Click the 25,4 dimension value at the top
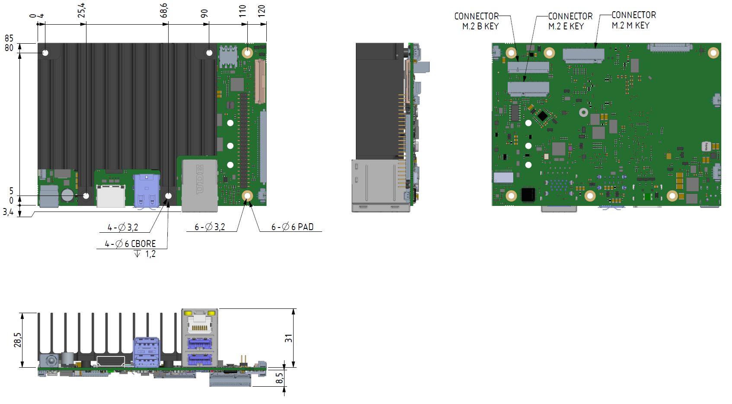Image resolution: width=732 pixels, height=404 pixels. point(81,11)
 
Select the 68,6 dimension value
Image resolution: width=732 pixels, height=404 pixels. point(163,11)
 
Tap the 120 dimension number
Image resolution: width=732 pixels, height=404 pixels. point(262,11)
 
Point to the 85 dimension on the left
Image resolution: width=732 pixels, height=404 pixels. point(9,38)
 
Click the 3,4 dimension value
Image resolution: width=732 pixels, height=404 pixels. point(8,212)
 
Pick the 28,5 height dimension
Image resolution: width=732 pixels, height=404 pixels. point(17,340)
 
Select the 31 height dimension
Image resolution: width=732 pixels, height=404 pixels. point(288,338)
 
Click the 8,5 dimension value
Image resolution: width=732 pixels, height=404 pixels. point(280,378)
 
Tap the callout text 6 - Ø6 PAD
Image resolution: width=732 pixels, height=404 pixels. point(292,227)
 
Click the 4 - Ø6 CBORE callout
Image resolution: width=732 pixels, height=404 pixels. point(130,244)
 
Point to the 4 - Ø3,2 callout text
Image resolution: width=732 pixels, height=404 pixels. point(123,227)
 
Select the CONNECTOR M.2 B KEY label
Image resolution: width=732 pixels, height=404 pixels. point(477,21)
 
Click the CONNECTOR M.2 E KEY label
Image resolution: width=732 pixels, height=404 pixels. point(570,21)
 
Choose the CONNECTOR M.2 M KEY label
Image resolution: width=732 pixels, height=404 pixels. point(633,20)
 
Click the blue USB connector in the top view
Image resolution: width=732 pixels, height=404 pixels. point(146,191)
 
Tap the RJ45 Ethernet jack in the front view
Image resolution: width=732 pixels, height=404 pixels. point(199,321)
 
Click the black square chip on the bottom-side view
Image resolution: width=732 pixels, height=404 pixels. point(528,195)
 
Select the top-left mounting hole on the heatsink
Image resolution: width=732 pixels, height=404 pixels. point(45,53)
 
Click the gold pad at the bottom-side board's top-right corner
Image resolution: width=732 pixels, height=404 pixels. point(713,53)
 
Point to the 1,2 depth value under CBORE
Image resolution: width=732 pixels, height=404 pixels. point(150,254)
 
